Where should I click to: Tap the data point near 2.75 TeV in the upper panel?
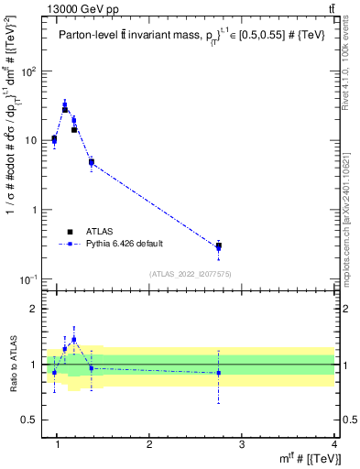(218, 246)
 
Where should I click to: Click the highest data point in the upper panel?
(65, 107)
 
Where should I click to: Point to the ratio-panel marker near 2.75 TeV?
(218, 373)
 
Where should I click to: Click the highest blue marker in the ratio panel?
(74, 339)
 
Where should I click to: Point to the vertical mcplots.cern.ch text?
(350, 211)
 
